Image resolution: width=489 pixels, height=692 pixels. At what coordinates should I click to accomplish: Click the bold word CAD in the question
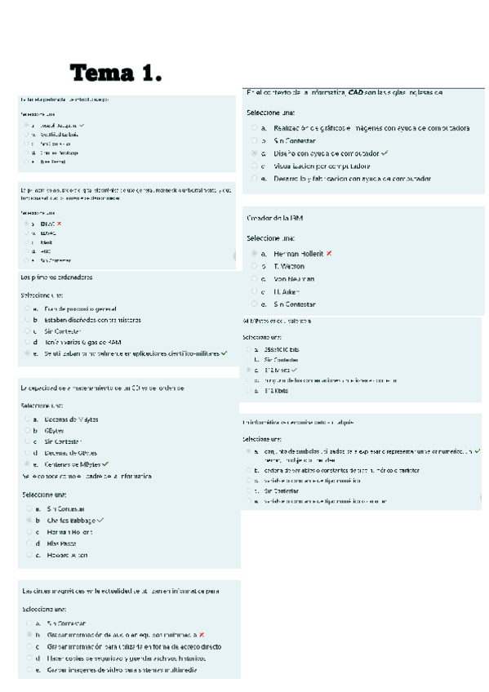click(355, 92)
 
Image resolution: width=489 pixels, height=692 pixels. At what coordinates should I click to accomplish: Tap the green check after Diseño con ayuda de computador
click(384, 153)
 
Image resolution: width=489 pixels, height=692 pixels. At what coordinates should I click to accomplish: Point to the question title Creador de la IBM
click(275, 218)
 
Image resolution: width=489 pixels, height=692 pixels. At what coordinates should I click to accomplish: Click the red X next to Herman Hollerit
click(329, 254)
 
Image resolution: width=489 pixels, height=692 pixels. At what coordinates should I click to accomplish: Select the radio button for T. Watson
click(254, 267)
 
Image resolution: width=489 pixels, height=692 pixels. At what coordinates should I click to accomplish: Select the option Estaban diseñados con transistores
click(92, 320)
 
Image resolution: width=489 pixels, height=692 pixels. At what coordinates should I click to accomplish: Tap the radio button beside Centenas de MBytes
click(28, 464)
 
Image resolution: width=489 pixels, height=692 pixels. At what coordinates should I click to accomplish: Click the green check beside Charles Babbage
click(100, 520)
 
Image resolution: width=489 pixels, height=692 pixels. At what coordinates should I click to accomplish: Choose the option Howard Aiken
click(67, 555)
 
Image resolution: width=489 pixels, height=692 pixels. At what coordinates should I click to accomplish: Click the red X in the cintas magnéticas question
click(202, 634)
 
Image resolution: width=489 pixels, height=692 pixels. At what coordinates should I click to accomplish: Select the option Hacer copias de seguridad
click(122, 657)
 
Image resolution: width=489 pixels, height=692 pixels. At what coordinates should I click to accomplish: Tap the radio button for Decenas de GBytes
click(28, 452)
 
